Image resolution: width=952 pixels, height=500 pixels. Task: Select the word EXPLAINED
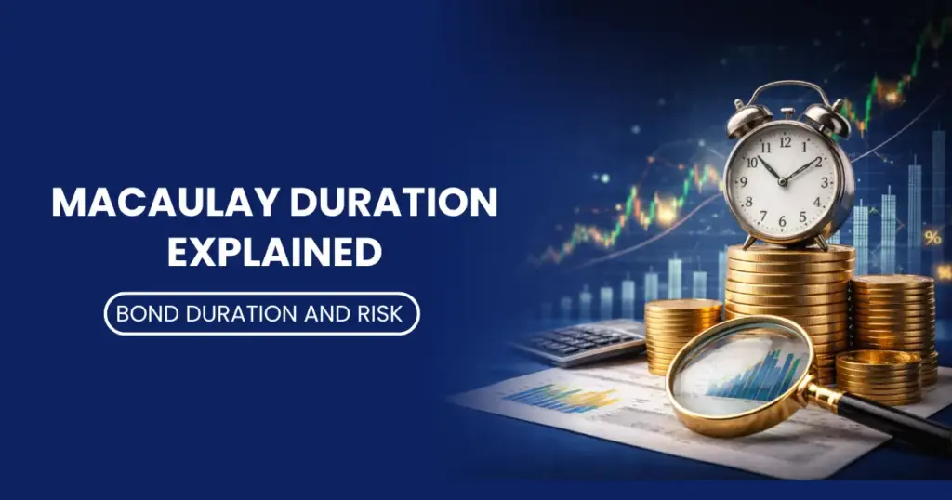pyautogui.click(x=274, y=252)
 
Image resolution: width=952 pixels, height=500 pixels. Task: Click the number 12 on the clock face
pyautogui.click(x=786, y=142)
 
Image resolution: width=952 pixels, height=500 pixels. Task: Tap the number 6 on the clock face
pyautogui.click(x=782, y=221)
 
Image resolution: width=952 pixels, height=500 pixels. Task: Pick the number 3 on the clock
pyautogui.click(x=824, y=182)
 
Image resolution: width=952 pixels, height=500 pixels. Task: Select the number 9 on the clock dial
pyautogui.click(x=744, y=181)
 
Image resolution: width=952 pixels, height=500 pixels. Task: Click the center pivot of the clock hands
pyautogui.click(x=783, y=181)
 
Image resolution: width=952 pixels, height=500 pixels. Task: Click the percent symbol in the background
pyautogui.click(x=932, y=238)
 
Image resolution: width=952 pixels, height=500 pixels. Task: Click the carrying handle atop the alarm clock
pyautogui.click(x=788, y=92)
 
